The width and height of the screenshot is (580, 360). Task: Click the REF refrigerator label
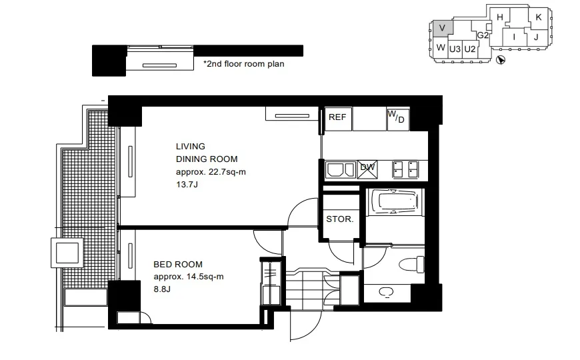coord(337,117)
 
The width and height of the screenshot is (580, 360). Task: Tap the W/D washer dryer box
coord(398,119)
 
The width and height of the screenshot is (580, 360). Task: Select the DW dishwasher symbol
coord(367,169)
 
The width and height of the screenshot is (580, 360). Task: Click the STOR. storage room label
coord(340,219)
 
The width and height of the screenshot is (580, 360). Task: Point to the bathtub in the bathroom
coord(395,201)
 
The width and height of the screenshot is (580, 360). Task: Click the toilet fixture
coord(412,264)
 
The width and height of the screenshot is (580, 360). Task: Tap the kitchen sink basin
coord(340,170)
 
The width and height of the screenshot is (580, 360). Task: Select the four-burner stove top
coord(405,170)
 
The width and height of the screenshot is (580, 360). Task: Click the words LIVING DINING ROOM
coord(207,153)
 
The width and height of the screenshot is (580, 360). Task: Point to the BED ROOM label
coord(178,265)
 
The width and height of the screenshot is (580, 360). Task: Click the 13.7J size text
coord(187,184)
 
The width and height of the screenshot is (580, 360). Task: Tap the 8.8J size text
coord(162,289)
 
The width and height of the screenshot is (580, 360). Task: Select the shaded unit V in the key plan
coord(442,28)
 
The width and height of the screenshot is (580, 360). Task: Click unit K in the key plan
coord(539,17)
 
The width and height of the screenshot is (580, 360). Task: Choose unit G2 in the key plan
coord(483,35)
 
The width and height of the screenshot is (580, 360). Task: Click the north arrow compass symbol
coord(500,60)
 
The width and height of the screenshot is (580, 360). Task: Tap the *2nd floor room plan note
coord(244,64)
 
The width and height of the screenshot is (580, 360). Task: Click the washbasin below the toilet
coord(386,293)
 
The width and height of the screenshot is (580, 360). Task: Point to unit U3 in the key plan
coord(455,49)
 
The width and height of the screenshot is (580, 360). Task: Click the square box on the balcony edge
coord(67,253)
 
